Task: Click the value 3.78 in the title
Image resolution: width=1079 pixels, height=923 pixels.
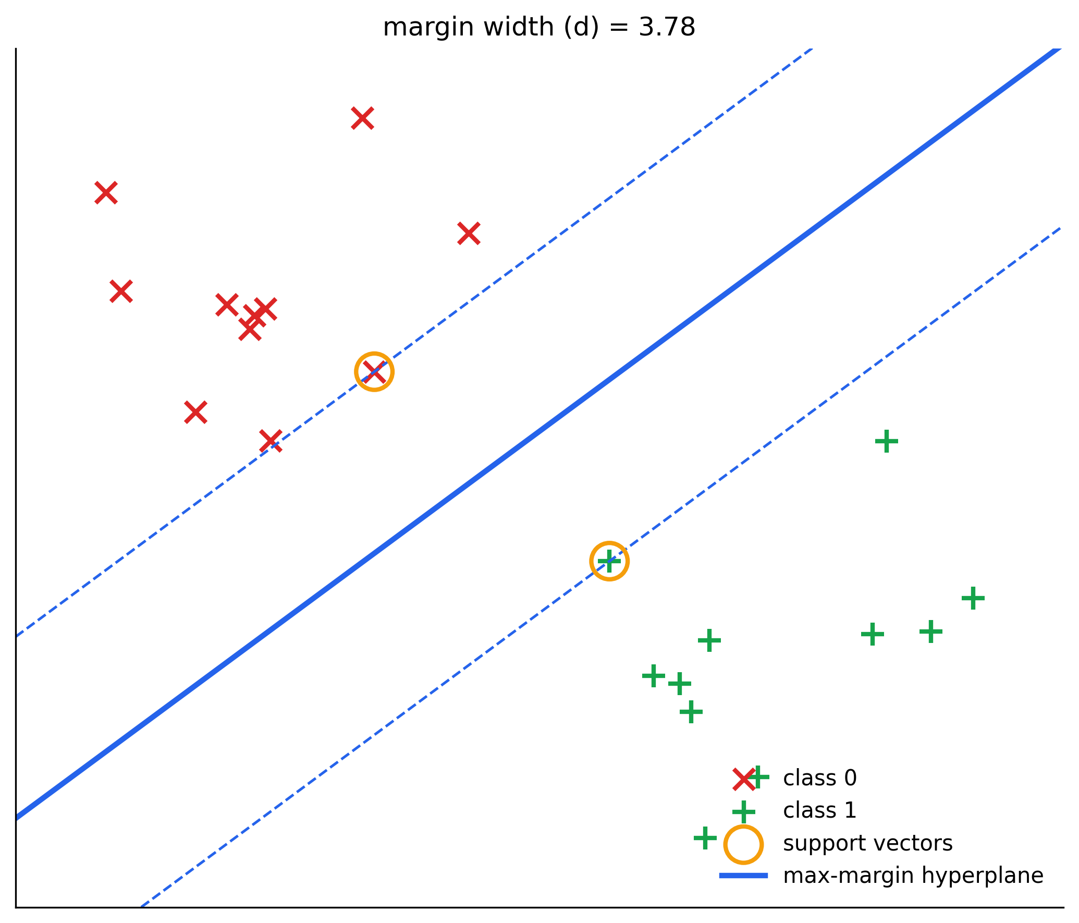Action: coord(667,27)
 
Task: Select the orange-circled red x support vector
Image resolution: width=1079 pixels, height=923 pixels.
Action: coord(374,371)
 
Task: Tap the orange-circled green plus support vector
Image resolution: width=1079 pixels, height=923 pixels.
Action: coord(609,561)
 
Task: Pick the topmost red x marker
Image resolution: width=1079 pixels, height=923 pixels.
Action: coord(362,118)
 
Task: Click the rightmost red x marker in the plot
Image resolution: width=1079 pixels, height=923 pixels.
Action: coord(469,233)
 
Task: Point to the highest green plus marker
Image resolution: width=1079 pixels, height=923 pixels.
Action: coord(886,442)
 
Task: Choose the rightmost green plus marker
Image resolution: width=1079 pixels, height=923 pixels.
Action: coord(973,598)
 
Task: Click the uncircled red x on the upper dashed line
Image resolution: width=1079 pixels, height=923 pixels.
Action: coord(271,441)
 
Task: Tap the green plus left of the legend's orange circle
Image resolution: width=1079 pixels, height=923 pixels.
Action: coord(705,838)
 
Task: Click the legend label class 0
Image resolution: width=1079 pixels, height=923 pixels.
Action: coord(820,778)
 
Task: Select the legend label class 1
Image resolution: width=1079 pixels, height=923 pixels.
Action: coord(820,810)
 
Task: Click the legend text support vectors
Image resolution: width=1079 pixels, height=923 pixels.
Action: coord(868,843)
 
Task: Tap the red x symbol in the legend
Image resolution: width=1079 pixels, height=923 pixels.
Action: coord(744,779)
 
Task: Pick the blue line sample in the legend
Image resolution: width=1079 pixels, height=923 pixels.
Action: coord(743,876)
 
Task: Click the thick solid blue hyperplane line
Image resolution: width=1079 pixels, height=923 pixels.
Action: coord(538,433)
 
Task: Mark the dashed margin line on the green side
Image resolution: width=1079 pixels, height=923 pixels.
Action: coord(601,567)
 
